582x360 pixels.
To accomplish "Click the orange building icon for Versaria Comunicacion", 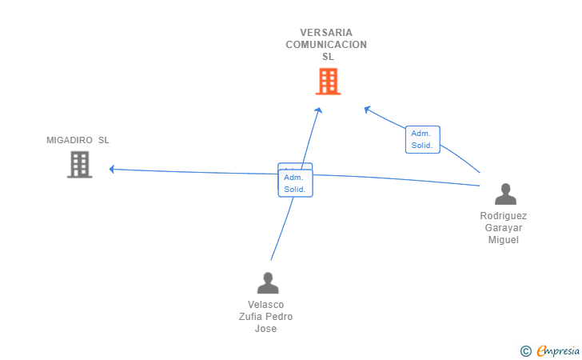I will click(328, 82).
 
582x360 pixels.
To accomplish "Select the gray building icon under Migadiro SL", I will click(79, 164).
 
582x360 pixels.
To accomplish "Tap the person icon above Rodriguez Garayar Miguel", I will click(505, 194).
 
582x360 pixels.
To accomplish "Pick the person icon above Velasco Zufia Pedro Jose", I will click(267, 282).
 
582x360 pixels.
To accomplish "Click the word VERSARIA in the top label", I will click(326, 33).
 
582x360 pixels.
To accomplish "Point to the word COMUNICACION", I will click(326, 45).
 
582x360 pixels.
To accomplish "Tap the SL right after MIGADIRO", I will click(104, 141).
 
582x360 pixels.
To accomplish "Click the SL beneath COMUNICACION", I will click(328, 57).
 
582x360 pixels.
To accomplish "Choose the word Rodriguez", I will click(504, 216).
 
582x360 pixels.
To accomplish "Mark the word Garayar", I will click(504, 228).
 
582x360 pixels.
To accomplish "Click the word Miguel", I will click(504, 240).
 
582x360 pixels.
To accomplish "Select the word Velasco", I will click(266, 305).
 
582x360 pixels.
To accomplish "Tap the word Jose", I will click(265, 329).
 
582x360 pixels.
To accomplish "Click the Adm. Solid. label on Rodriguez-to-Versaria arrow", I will click(422, 139).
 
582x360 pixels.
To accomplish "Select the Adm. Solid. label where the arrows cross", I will click(295, 183).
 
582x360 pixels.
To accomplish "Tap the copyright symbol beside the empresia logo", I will click(525, 350).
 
